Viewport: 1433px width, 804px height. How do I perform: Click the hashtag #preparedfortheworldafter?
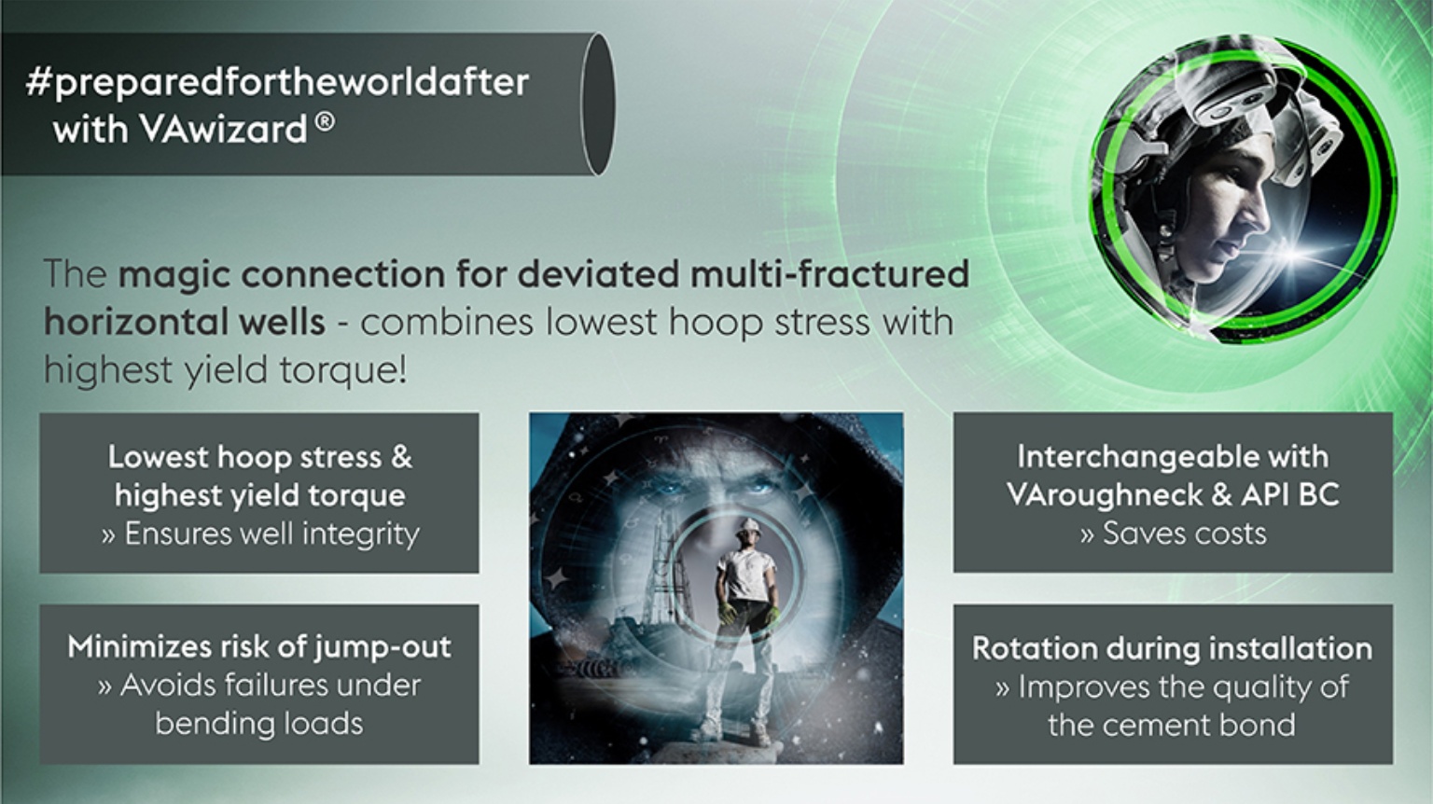pyautogui.click(x=277, y=82)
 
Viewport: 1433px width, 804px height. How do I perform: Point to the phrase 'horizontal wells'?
pyautogui.click(x=184, y=322)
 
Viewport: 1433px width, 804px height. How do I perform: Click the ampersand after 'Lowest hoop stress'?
pyautogui.click(x=400, y=457)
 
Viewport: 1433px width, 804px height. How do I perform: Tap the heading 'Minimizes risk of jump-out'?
pyautogui.click(x=258, y=646)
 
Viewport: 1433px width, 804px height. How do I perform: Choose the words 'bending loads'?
pyautogui.click(x=258, y=723)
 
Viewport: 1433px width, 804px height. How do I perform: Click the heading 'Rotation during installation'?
pyautogui.click(x=1172, y=647)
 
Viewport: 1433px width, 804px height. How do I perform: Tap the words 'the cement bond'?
pyautogui.click(x=1172, y=725)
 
